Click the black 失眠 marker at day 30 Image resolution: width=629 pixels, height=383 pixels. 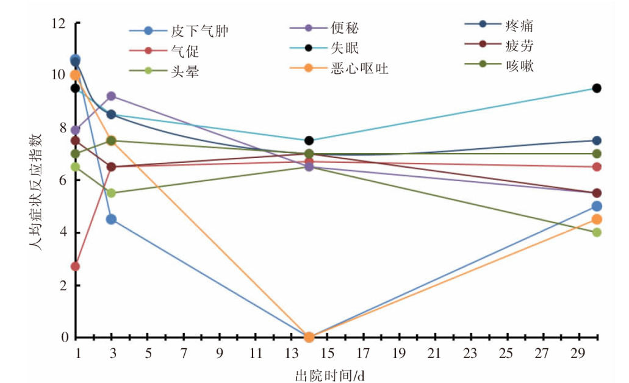tap(597, 88)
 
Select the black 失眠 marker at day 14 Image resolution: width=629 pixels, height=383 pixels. tap(309, 140)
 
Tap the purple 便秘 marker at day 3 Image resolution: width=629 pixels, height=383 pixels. tap(111, 96)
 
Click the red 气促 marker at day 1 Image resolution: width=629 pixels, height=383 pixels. tap(75, 267)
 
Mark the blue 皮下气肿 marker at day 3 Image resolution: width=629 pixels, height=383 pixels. tap(111, 219)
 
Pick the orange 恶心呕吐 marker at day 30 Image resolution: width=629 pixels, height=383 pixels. tap(597, 219)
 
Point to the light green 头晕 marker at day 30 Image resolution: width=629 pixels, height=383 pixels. tap(597, 232)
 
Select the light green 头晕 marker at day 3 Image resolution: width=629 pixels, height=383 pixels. tap(111, 193)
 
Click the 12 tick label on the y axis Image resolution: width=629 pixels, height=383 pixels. tap(59, 24)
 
